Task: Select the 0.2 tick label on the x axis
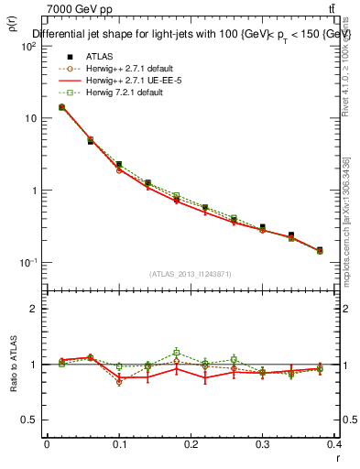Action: [x=191, y=443]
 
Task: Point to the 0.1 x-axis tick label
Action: [x=118, y=443]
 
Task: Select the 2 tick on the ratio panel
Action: [x=34, y=309]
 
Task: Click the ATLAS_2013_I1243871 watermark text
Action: [x=191, y=274]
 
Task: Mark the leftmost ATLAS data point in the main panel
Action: [x=61, y=107]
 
